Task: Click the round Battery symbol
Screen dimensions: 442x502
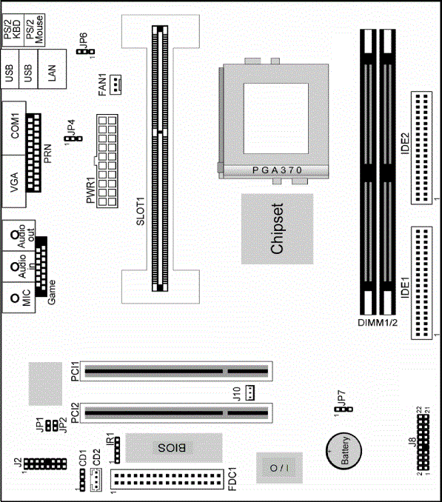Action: pos(344,451)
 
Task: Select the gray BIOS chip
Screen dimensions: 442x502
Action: pos(174,447)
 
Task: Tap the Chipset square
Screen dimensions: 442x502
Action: pos(277,229)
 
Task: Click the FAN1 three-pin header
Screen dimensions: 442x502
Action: pos(115,84)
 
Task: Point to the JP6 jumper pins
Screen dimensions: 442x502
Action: pos(85,52)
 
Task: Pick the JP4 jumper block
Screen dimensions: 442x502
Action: pos(73,138)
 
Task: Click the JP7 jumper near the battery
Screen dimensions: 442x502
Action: pos(344,409)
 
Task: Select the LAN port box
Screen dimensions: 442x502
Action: pos(52,69)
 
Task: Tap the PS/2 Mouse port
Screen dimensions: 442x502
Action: pos(35,30)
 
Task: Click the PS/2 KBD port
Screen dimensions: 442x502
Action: pos(13,30)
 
